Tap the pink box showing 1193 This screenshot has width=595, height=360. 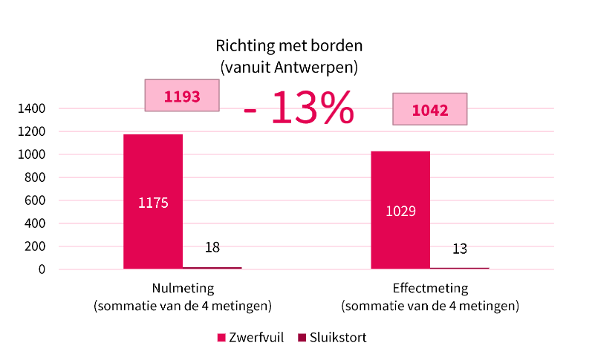(x=182, y=96)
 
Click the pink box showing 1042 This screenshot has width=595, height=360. (x=429, y=110)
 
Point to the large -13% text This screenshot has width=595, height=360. (x=299, y=108)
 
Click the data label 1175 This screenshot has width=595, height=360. (x=153, y=202)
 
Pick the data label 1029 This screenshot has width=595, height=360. (x=400, y=211)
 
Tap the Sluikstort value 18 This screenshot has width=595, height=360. (x=212, y=247)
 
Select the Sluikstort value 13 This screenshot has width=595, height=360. (x=460, y=249)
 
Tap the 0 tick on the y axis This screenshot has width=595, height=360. (x=42, y=269)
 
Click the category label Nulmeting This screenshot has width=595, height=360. (x=183, y=289)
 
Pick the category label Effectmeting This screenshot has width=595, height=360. (x=430, y=289)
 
